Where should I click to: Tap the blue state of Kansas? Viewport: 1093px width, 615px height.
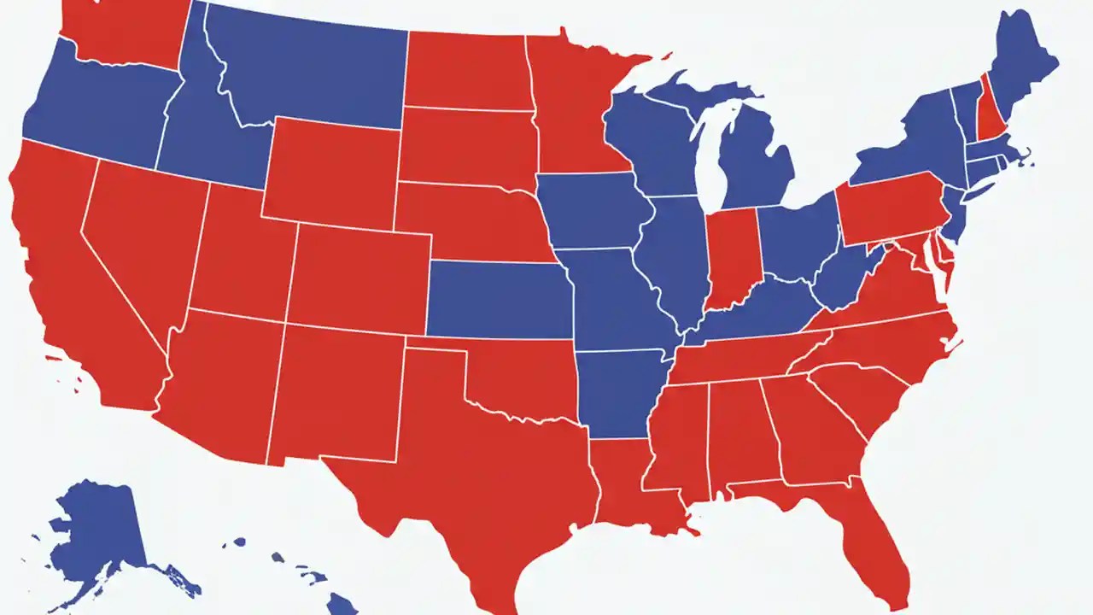click(500, 299)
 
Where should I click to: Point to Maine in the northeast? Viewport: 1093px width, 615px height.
click(1020, 68)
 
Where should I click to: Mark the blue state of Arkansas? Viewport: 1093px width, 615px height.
click(619, 389)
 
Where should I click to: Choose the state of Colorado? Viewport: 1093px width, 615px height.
click(359, 278)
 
